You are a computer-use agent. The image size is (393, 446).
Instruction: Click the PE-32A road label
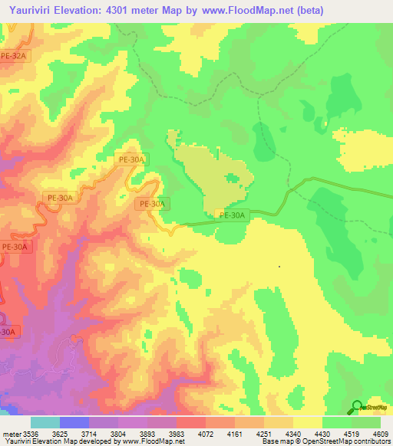point(14,55)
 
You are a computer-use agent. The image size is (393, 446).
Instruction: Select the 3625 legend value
point(74,433)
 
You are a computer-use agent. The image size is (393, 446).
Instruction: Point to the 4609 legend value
point(381,433)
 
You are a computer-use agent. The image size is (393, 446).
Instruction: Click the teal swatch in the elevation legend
point(45,422)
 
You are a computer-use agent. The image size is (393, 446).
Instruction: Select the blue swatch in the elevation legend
point(74,422)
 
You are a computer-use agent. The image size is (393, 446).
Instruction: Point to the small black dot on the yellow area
point(279,267)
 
